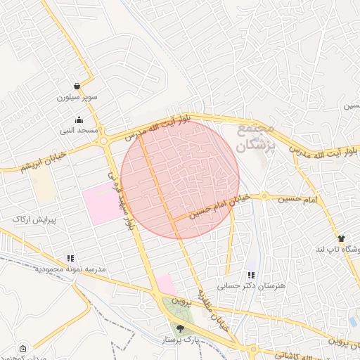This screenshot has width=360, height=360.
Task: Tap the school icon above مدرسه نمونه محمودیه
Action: [70, 259]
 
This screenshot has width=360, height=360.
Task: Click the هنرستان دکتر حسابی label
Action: [252, 285]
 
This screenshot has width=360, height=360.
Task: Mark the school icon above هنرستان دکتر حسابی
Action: [251, 275]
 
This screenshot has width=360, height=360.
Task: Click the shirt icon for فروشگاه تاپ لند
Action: [341, 239]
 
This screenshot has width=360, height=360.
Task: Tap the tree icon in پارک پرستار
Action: [180, 328]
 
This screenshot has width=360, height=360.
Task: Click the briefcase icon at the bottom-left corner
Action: [23, 348]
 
